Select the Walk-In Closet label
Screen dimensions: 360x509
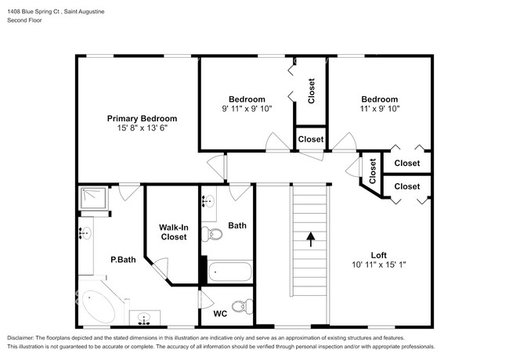point(173,231)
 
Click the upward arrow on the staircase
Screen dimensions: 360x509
point(310,238)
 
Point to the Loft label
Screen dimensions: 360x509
point(380,254)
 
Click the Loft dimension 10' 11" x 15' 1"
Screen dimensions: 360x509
point(380,265)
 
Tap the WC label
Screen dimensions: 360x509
point(220,314)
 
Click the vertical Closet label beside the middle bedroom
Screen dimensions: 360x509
point(311,91)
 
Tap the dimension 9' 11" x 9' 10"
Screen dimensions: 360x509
point(246,109)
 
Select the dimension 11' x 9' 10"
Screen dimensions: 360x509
point(380,109)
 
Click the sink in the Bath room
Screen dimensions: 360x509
point(208,202)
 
